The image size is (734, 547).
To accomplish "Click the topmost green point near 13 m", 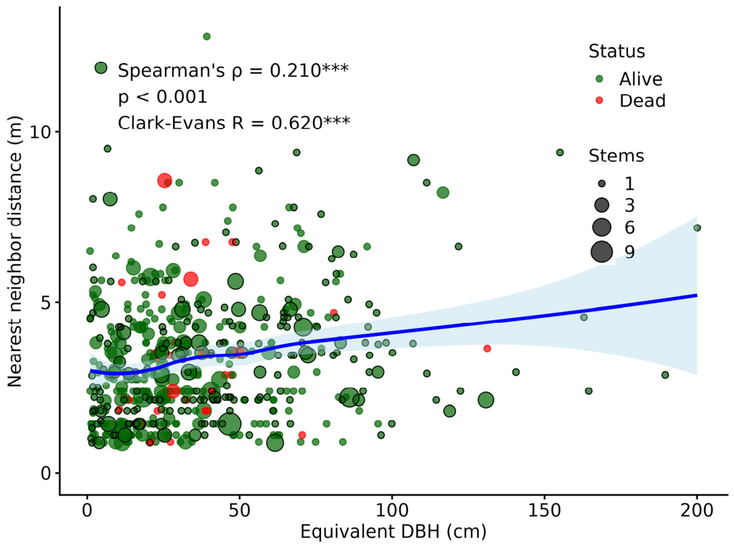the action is (x=206, y=36).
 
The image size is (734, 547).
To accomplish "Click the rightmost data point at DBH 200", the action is (x=697, y=228).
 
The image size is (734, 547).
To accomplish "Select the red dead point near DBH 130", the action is (x=487, y=348).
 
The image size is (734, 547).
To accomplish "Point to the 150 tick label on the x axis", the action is (x=545, y=510).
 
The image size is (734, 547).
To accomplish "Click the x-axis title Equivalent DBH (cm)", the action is (x=393, y=532).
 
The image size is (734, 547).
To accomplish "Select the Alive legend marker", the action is (x=599, y=79).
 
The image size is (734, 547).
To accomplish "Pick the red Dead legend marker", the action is (x=599, y=101).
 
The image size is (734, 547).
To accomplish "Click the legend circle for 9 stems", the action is (x=602, y=252).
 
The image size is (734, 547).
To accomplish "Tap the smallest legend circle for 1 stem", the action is (x=602, y=184).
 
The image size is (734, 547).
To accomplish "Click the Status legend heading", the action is (x=617, y=51).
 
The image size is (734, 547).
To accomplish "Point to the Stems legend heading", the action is (x=616, y=155).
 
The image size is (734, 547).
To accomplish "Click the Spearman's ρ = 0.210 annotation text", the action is (x=233, y=70).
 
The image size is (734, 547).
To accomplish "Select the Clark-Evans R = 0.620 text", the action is (x=234, y=123).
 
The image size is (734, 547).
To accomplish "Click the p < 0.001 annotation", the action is (x=162, y=97).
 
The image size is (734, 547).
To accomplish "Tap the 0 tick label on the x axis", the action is (x=87, y=510).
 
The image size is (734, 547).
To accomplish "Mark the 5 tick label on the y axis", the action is (x=45, y=303).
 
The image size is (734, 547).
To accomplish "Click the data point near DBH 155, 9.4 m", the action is (x=559, y=152).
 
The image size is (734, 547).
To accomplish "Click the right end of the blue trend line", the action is (x=697, y=295).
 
